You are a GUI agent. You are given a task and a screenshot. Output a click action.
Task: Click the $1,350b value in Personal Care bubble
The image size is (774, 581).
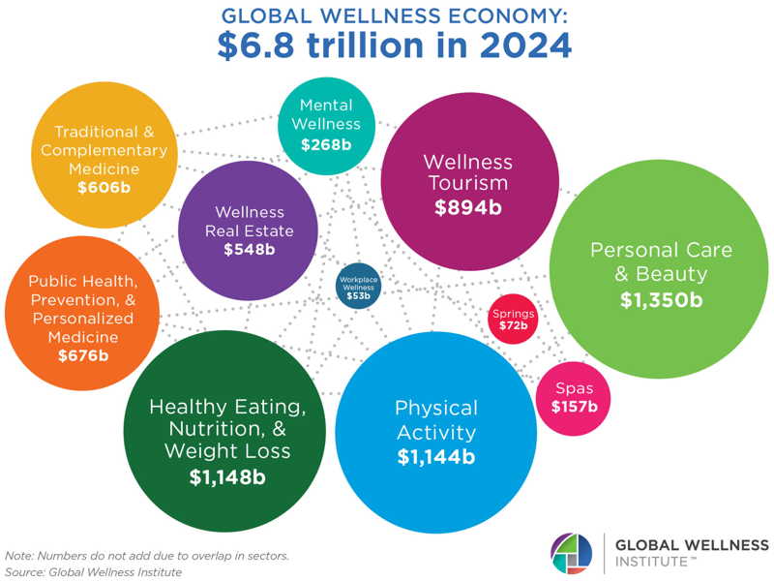[661, 300]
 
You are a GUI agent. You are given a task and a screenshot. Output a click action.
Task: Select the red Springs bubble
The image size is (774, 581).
[513, 320]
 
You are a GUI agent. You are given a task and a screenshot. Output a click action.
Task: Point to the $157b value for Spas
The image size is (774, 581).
[575, 406]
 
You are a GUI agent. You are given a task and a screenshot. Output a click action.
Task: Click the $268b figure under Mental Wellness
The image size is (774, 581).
[325, 145]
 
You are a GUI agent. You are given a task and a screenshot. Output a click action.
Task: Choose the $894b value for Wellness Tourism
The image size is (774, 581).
[469, 206]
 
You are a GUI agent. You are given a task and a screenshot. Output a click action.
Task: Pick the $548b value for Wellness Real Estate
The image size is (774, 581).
[249, 250]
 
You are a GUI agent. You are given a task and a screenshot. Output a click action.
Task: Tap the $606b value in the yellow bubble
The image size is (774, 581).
[104, 187]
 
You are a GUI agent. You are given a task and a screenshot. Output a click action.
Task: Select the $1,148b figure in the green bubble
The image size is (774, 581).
[227, 475]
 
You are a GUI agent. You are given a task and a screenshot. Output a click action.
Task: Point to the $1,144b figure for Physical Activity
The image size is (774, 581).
[435, 455]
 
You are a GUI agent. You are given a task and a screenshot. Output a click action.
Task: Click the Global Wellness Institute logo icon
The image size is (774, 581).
[570, 552]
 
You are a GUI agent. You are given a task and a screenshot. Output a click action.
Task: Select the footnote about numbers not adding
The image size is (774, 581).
[147, 556]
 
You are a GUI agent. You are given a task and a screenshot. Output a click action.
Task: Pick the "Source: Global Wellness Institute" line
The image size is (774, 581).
[93, 572]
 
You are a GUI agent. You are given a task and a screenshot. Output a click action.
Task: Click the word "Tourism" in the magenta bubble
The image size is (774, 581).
[469, 183]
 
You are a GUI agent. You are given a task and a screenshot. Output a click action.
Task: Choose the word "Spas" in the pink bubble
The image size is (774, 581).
[574, 388]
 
